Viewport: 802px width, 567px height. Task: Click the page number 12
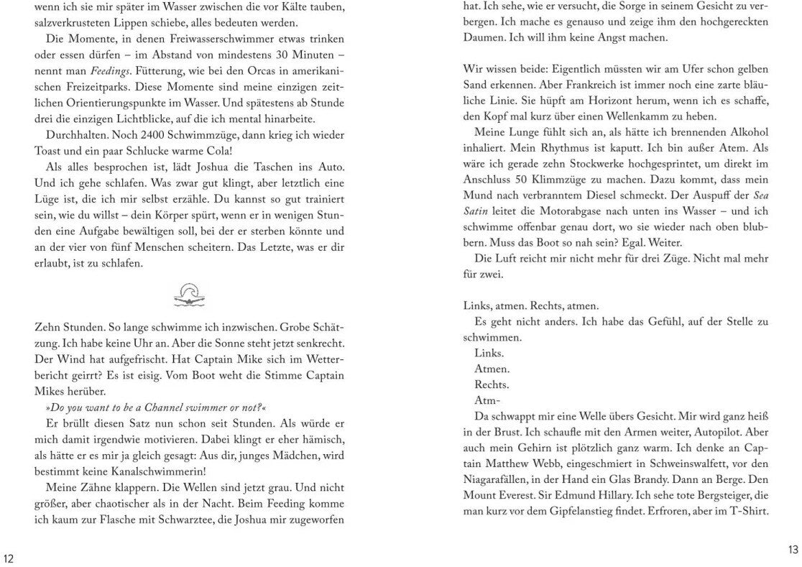(x=9, y=558)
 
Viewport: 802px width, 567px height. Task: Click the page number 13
(x=793, y=550)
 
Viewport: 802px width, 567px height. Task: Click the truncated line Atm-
(x=487, y=400)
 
